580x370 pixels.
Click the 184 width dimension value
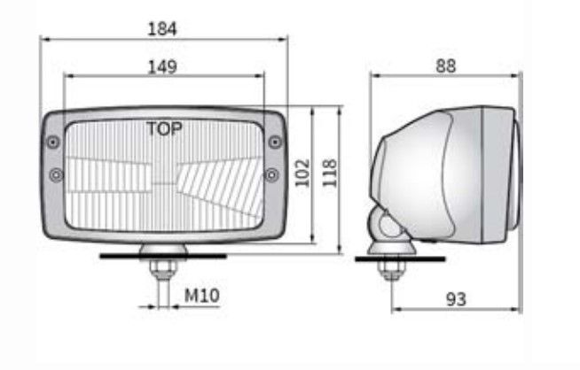[x=162, y=29]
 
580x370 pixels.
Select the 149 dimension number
[x=162, y=67]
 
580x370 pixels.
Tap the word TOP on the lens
[x=164, y=128]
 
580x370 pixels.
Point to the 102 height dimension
[x=302, y=173]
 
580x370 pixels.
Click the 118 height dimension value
[x=330, y=173]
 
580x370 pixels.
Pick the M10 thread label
[x=201, y=296]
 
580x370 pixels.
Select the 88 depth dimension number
[x=446, y=66]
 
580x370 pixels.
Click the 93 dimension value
[x=456, y=299]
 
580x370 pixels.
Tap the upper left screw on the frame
[x=53, y=142]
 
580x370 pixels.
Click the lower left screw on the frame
[x=56, y=175]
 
